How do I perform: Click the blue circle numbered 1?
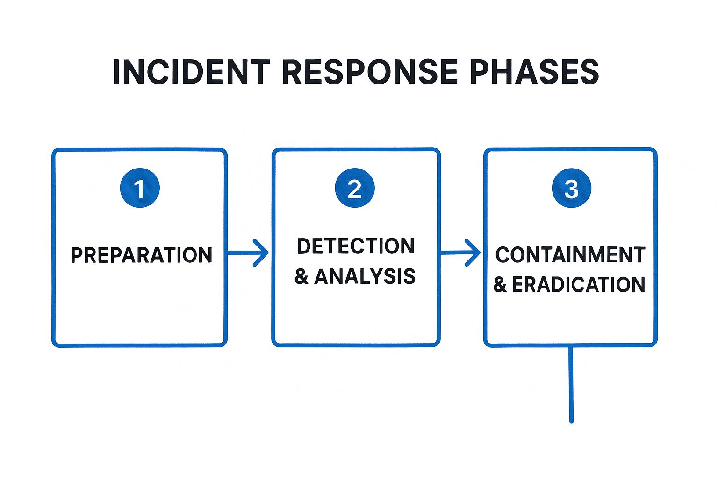140,188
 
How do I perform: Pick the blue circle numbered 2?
355,188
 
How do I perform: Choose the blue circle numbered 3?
571,188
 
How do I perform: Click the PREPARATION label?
141,255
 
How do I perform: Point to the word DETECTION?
355,246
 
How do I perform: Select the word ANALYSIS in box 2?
365,276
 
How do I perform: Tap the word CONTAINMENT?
570,255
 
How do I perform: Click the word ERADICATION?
578,284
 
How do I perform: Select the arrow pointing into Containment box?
460,253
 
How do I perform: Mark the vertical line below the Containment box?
571,385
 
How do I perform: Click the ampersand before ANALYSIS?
302,277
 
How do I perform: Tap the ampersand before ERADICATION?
500,285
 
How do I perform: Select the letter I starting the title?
117,72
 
